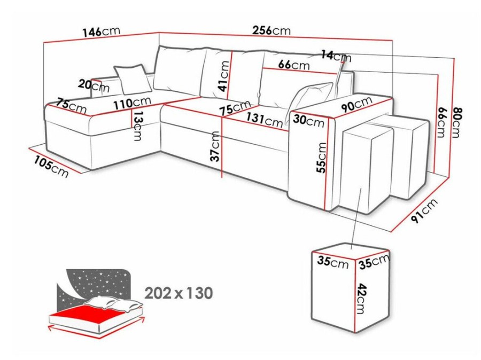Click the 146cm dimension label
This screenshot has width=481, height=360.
(101, 32)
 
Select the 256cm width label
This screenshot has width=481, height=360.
(271, 30)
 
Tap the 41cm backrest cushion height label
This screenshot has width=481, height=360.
(224, 76)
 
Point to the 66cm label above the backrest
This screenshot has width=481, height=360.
(294, 65)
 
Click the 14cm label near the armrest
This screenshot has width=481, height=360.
(336, 56)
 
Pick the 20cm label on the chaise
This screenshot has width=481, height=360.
(94, 85)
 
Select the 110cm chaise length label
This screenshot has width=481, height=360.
(133, 103)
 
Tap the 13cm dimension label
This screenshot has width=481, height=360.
(138, 126)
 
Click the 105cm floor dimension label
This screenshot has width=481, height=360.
(51, 167)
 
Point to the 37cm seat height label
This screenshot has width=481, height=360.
(216, 146)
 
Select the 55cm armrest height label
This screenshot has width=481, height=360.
(322, 158)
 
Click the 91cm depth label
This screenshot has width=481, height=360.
(424, 210)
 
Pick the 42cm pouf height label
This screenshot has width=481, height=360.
(362, 299)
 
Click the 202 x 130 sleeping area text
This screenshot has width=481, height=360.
(179, 293)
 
